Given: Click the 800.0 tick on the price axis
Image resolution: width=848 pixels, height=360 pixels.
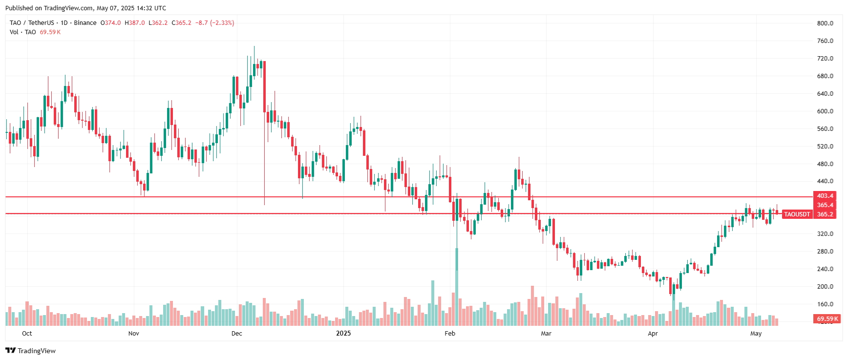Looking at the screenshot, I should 825,23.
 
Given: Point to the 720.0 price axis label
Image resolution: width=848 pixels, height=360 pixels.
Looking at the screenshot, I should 825,59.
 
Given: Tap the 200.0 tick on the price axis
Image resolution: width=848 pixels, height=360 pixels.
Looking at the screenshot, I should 825,287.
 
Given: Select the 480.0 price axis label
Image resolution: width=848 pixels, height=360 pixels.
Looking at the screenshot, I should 825,164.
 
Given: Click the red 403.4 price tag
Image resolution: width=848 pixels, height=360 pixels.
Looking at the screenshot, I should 825,196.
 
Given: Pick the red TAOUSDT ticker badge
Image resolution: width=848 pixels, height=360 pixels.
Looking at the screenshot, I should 797,214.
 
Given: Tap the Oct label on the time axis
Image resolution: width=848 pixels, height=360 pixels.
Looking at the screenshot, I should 27,334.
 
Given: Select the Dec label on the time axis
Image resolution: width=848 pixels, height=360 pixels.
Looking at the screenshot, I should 236,334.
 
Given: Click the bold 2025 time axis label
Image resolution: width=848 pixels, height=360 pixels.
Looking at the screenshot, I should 343,334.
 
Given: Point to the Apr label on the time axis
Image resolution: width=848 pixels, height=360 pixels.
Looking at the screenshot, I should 653,334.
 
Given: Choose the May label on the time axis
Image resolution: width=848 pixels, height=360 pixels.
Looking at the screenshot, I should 756,334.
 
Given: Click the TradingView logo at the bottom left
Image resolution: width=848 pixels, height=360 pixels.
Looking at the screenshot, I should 31,351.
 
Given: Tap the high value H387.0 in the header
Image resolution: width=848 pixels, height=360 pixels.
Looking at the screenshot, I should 135,23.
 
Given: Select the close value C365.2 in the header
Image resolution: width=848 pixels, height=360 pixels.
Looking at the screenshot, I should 182,23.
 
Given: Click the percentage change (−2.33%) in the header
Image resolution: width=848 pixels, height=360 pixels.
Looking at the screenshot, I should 222,23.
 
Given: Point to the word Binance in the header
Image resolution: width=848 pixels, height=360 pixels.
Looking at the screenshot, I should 85,23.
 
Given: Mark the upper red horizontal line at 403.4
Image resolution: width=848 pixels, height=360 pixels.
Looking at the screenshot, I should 391,197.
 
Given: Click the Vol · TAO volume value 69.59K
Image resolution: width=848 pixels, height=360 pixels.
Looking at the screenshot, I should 50,32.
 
